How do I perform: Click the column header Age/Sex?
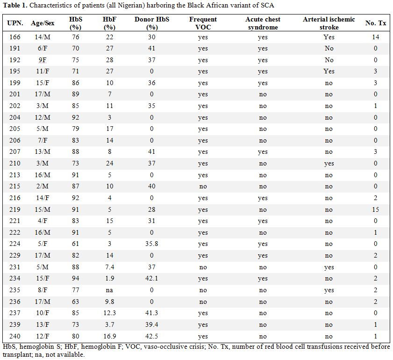43,23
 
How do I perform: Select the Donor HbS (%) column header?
152,23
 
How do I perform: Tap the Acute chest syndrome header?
263,23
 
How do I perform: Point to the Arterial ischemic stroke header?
329,23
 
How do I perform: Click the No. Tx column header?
376,23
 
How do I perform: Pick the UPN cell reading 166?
15,37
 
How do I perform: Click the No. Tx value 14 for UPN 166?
375,37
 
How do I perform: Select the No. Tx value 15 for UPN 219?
375,209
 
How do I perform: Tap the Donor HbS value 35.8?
151,244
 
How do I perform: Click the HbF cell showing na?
109,290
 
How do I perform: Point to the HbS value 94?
75,278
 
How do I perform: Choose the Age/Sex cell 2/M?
43,186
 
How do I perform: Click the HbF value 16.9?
109,336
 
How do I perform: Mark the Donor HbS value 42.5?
151,336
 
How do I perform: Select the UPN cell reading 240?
15,336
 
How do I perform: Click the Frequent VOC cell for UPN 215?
203,187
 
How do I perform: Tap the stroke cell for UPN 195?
329,72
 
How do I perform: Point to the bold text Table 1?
15,6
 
